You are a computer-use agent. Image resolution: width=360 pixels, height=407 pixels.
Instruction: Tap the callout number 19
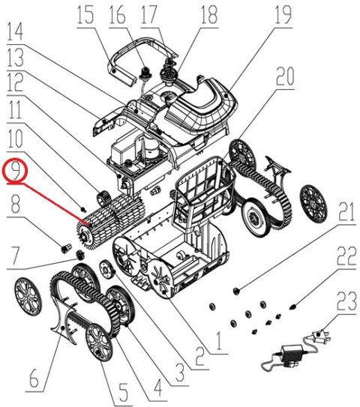point(282,13)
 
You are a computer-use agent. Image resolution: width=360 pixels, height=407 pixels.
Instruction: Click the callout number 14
point(15,33)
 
